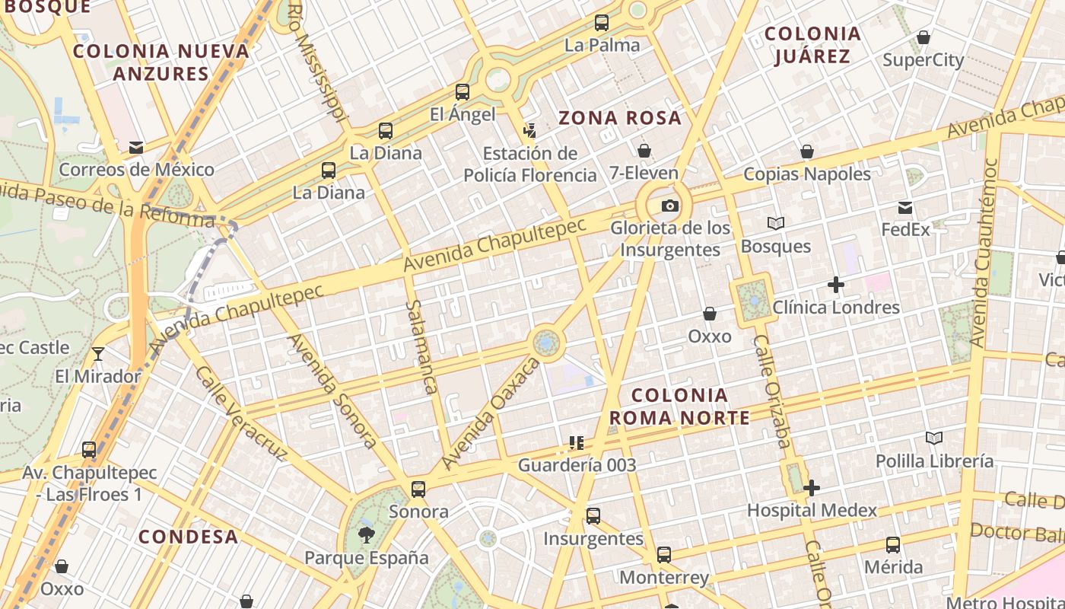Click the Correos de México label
point(137,169)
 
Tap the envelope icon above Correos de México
point(136,147)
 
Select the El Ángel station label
point(463,114)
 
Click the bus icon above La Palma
point(602,23)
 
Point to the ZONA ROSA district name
point(620,118)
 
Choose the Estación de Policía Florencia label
point(530,164)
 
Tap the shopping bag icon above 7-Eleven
point(644,151)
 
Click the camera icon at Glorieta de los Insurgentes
point(669,206)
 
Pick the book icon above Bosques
point(776,224)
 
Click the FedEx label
point(905,229)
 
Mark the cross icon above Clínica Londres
point(836,285)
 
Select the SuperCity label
point(924,59)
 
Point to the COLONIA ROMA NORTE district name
point(679,407)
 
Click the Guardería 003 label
point(577,464)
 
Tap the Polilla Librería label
point(934,461)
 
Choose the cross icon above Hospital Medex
point(812,488)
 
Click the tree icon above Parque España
point(367,535)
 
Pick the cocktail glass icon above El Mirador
point(98,354)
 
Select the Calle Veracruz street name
point(240,413)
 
